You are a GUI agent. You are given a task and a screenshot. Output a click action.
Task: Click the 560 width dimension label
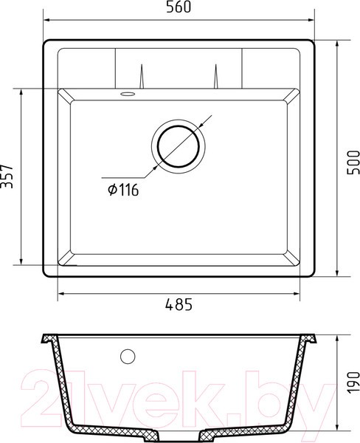pos(179,7)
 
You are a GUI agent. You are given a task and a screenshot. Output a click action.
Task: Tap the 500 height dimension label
pos(353,162)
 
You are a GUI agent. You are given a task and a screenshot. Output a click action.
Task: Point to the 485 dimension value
pos(179,304)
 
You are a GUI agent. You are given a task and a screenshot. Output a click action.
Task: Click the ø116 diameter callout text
pos(123,190)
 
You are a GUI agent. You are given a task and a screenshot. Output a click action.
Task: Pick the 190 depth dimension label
pos(353,382)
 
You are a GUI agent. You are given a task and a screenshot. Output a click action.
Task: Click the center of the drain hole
pos(179,146)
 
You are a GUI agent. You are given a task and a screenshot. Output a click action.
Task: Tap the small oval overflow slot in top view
pos(128,94)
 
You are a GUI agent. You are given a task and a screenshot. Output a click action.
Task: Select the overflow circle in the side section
pos(128,357)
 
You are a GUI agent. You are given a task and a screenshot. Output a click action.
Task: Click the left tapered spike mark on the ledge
pos(142,76)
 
